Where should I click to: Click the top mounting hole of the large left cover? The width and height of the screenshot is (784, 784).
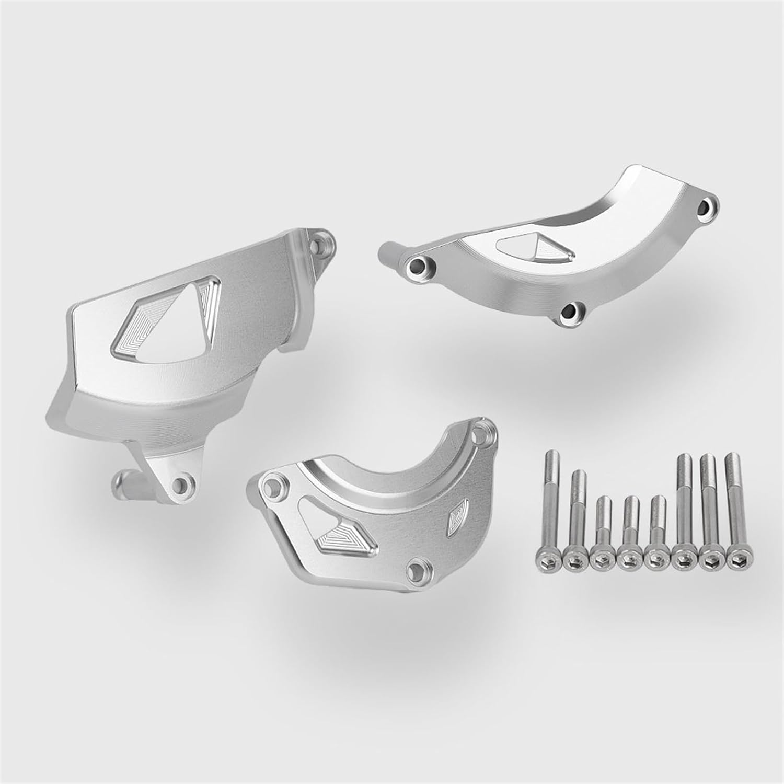point(316,244)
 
